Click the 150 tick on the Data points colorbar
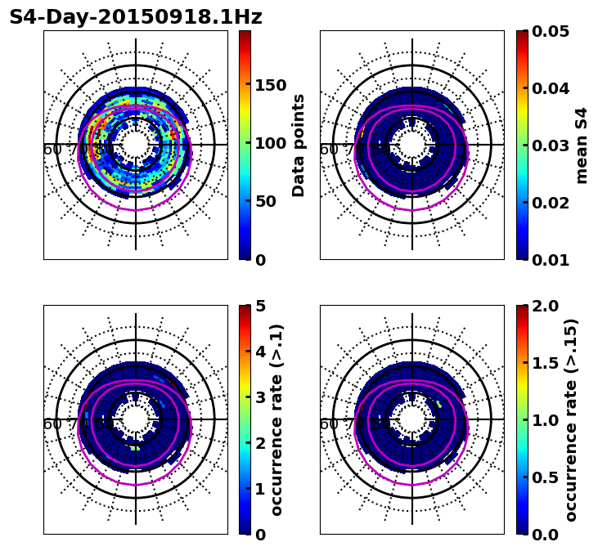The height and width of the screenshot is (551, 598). (269, 86)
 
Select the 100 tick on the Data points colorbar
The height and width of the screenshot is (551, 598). (269, 144)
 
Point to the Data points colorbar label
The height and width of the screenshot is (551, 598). (299, 145)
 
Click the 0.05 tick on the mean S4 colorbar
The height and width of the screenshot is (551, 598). (551, 31)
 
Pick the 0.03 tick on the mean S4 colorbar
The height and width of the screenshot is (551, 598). (551, 146)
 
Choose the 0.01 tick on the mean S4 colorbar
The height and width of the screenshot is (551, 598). (551, 260)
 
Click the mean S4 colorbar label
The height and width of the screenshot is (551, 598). (582, 145)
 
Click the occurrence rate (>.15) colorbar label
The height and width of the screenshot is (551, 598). (571, 419)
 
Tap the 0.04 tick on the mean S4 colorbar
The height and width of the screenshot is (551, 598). (551, 88)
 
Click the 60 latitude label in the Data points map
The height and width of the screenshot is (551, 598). (52, 150)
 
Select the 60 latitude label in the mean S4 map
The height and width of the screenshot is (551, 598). (328, 150)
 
